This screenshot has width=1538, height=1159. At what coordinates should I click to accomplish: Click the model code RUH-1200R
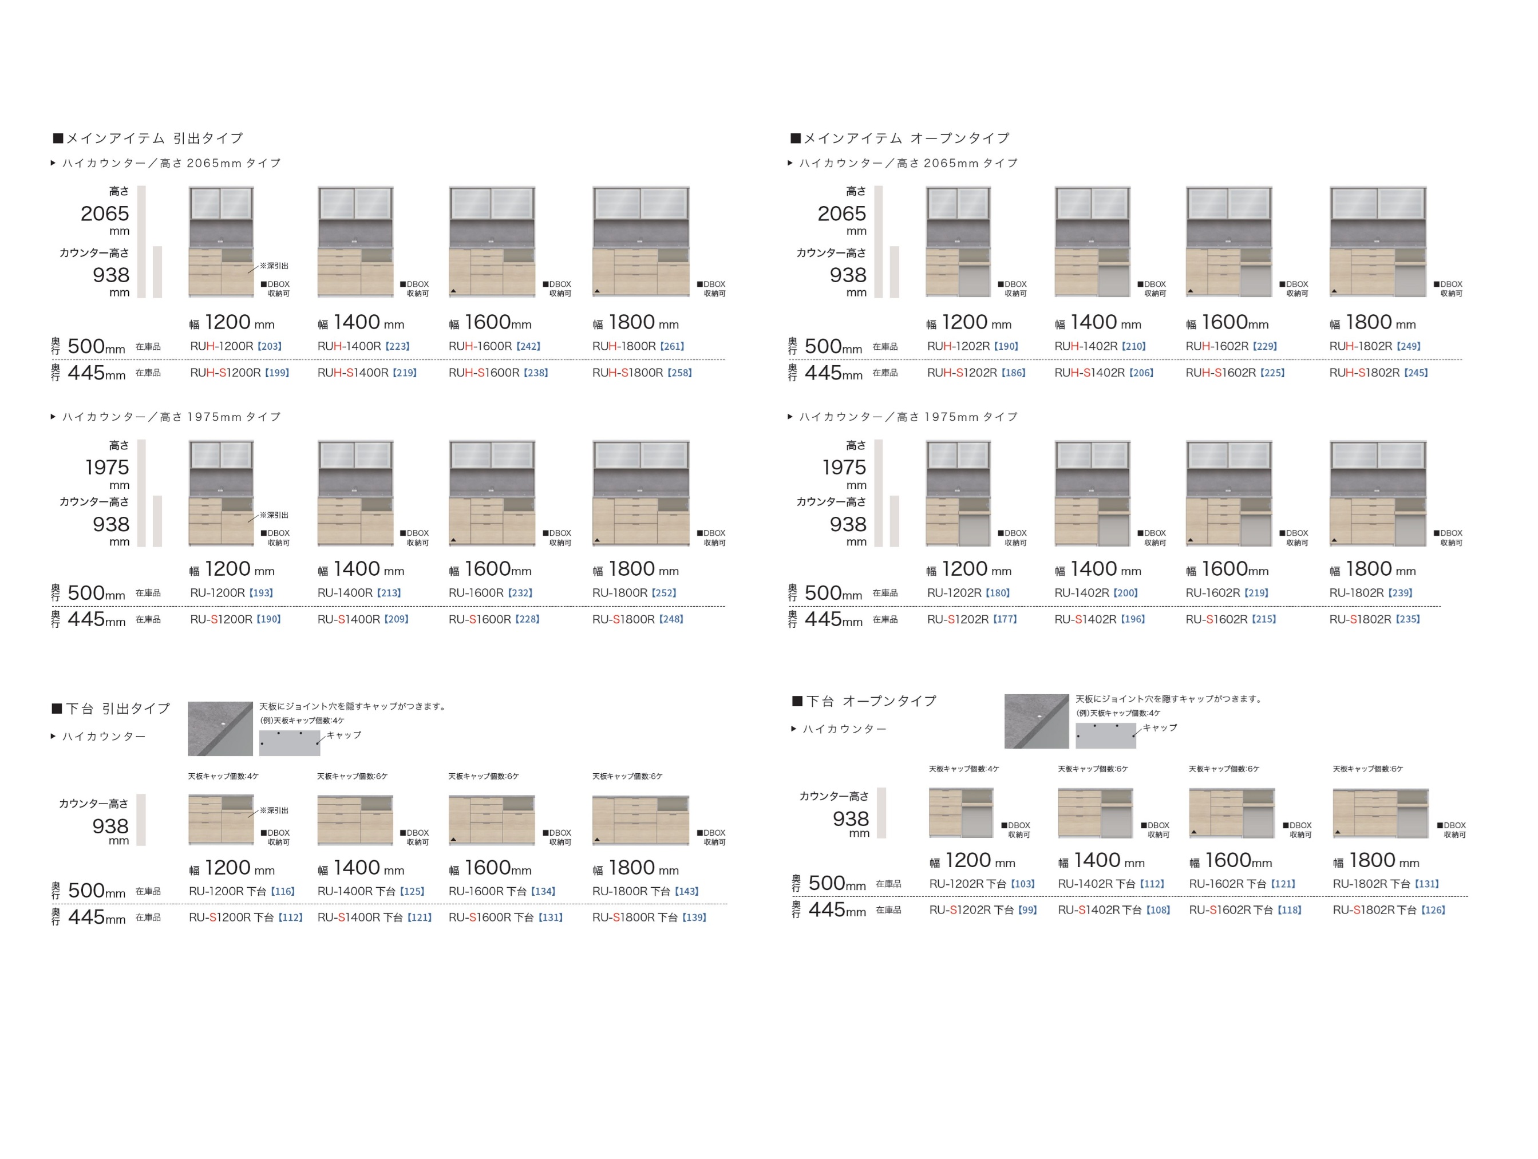pos(221,346)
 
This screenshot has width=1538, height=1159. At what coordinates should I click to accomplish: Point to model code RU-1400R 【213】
pos(359,593)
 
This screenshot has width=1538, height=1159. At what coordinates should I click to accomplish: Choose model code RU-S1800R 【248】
pos(638,619)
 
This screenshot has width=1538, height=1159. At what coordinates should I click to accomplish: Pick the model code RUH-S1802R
pos(1364,373)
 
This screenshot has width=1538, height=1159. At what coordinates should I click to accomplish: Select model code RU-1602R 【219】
pos(1227,593)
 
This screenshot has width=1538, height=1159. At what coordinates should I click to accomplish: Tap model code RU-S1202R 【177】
pos(971,619)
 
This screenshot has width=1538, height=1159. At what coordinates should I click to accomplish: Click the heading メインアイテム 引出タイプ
pos(148,139)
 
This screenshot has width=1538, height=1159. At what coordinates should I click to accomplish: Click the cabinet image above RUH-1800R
pos(640,242)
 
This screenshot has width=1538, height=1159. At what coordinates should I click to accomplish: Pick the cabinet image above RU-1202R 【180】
pos(958,493)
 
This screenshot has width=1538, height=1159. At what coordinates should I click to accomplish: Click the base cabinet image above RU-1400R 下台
pos(355,820)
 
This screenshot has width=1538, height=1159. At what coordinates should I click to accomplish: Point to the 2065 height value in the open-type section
pos(841,213)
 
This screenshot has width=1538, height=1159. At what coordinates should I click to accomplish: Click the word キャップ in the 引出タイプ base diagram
pos(343,735)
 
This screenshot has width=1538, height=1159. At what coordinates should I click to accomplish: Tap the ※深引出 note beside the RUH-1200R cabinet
pos(274,266)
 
